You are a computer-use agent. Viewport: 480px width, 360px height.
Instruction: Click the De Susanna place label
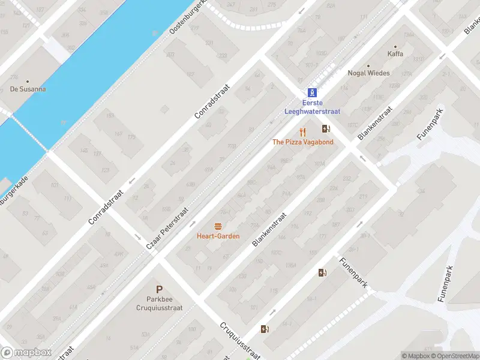pos(28,89)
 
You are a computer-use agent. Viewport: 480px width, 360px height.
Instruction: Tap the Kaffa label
pos(395,54)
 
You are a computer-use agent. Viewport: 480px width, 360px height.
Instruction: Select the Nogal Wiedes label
pos(368,73)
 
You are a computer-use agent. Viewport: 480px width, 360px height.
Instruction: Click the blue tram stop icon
pos(312,92)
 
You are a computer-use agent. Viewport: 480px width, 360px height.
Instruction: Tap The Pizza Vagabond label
pos(302,142)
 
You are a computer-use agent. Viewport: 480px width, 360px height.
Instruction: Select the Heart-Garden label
pos(218,236)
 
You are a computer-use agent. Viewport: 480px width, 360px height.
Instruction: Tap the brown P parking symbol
pos(159,289)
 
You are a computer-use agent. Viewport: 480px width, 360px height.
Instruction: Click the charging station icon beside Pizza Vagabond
pos(326,128)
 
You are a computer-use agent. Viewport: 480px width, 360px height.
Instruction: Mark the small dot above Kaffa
pos(395,46)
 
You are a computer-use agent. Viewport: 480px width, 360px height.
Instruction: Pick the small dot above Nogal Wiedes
pos(368,65)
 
